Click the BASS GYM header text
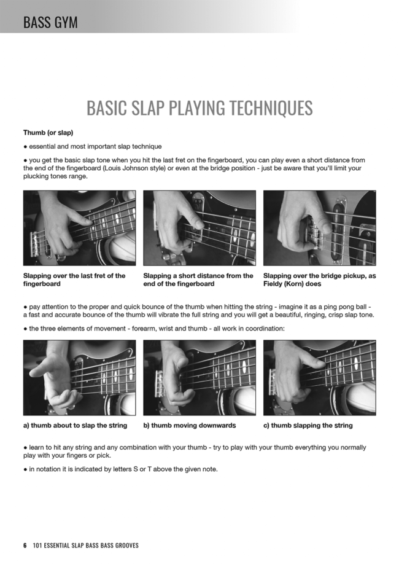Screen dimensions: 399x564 click(50, 22)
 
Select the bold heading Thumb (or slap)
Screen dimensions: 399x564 click(48, 133)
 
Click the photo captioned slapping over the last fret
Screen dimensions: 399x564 click(79, 228)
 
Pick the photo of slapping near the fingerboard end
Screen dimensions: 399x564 click(199, 228)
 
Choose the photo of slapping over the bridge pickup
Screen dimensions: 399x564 click(320, 228)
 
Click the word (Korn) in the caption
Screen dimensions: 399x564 click(295, 284)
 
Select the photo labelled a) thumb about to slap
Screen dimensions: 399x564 click(79, 378)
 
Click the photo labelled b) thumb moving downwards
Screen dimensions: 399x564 click(199, 378)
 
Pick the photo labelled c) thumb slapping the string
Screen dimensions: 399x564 click(320, 378)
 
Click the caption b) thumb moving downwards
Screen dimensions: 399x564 click(190, 425)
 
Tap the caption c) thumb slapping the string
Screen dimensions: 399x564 click(308, 425)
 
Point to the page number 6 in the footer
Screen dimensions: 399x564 click(25, 546)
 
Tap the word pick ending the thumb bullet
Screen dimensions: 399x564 click(104, 455)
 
